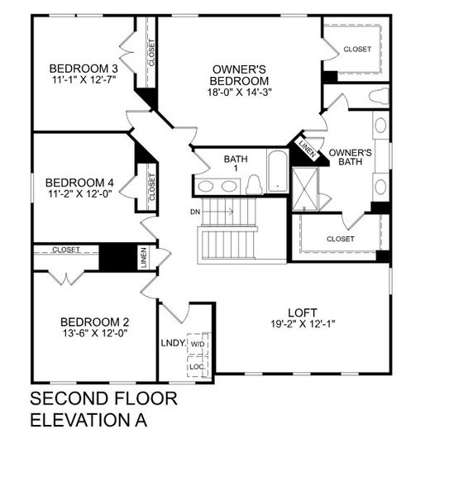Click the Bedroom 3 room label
(x=83, y=69)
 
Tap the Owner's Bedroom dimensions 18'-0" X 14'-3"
(x=240, y=93)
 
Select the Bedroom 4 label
(x=79, y=182)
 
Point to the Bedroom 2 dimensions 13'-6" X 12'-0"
(x=94, y=333)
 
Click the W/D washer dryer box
(x=198, y=344)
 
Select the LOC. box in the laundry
(x=198, y=365)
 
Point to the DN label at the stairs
(x=194, y=212)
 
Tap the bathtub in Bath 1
(x=277, y=171)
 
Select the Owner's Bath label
(x=350, y=158)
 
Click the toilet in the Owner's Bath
(x=378, y=97)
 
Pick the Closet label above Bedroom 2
(x=66, y=249)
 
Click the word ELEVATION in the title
(x=74, y=420)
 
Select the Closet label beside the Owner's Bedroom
(x=357, y=49)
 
